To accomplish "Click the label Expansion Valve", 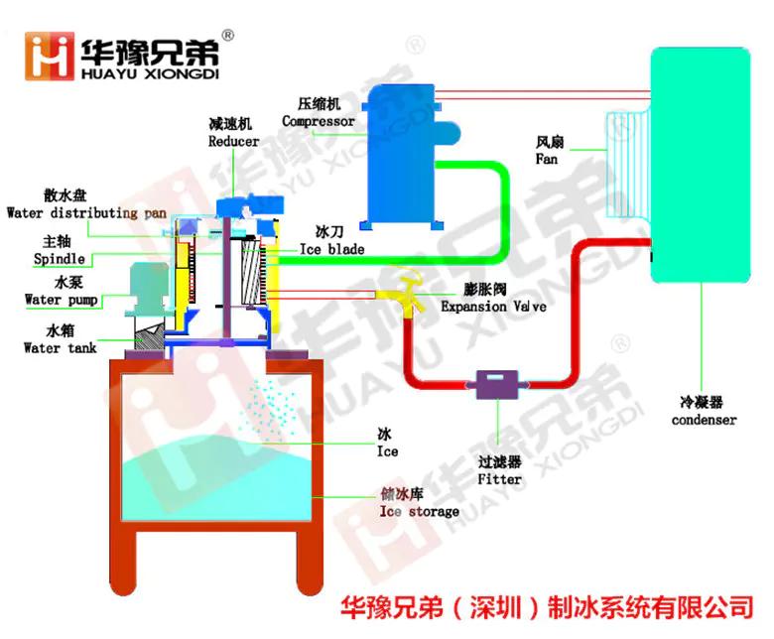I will point(493,307).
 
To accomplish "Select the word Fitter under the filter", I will point(499,478).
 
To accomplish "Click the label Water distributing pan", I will point(85,212).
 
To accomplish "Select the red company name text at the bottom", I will point(546,605).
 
